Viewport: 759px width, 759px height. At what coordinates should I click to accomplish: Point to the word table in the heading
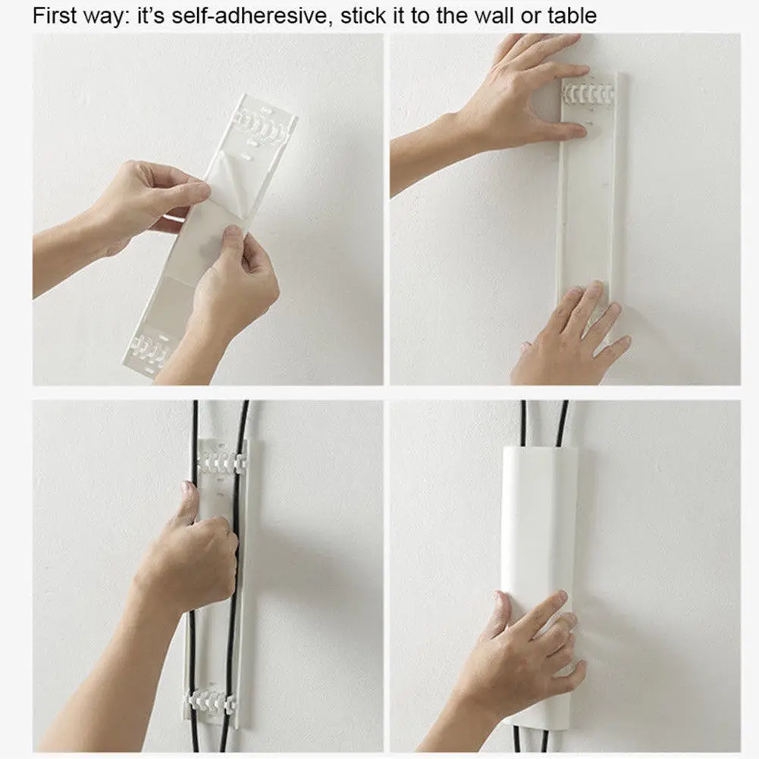click(570, 16)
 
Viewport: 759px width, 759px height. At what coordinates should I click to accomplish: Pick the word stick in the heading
click(368, 16)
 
